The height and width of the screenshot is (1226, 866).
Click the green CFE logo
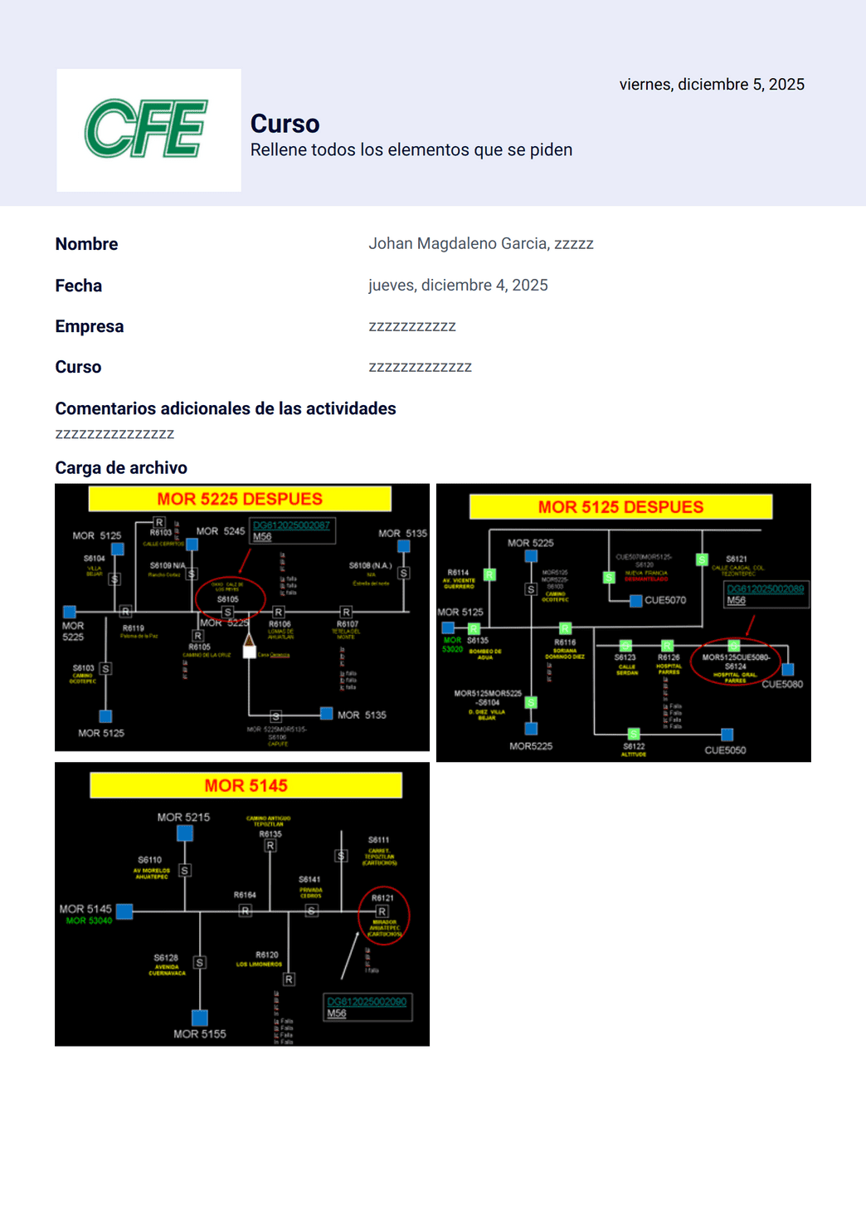coord(147,129)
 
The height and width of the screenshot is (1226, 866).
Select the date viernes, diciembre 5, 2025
coord(711,85)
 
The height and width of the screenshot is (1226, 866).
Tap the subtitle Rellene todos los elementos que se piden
coord(411,150)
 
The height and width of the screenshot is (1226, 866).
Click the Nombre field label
coord(86,244)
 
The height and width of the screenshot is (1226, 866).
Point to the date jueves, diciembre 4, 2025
coord(458,286)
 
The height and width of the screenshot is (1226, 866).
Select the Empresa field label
coord(89,326)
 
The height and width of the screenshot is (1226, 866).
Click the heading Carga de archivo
coord(121,468)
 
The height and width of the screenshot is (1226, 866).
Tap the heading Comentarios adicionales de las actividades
coord(225,408)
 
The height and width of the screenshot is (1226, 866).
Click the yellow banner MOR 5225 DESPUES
coord(240,499)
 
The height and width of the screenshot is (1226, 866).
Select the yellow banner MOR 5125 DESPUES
coord(620,507)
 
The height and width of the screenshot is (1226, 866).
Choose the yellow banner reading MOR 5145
coord(246,785)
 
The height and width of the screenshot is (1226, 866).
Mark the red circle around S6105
coord(230,598)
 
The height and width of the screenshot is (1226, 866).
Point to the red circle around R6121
coord(383,916)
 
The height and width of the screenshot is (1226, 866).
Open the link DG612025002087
coord(291,525)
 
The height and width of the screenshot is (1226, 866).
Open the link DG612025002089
coord(765,589)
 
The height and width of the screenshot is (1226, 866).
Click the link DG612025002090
coord(367,1002)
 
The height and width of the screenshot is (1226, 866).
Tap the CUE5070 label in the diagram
coord(665,600)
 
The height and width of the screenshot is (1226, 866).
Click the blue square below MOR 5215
coord(185,833)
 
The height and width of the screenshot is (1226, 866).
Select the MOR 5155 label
coord(199,1034)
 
